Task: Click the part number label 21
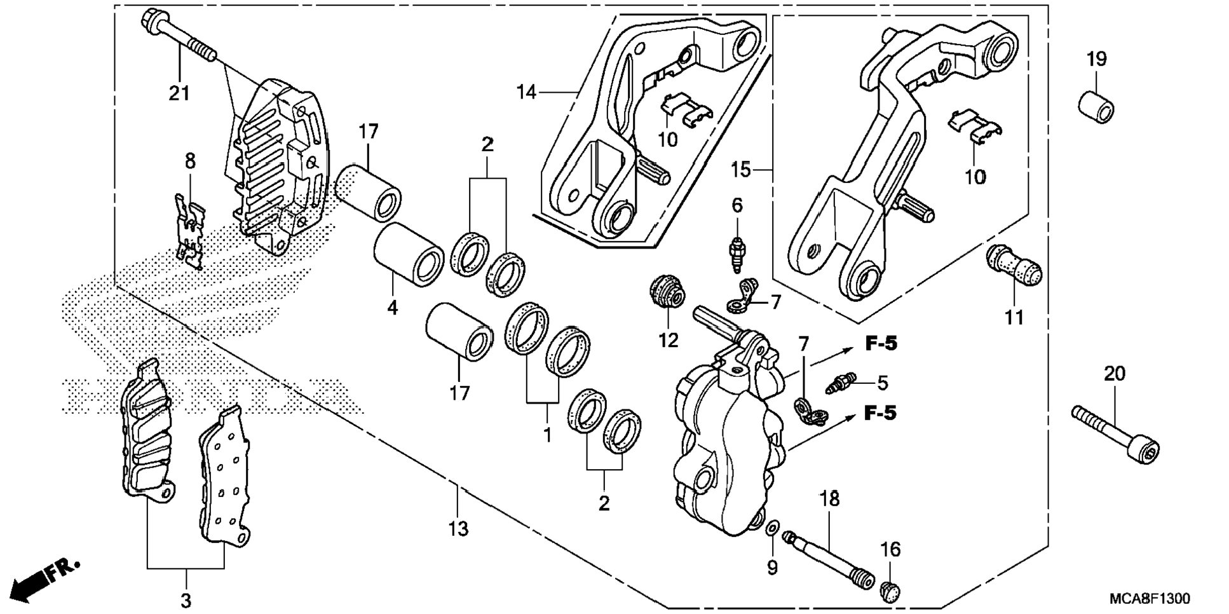pyautogui.click(x=179, y=93)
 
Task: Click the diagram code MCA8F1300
pyautogui.click(x=1150, y=599)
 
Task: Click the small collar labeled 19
pyautogui.click(x=1096, y=106)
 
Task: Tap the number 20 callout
pyautogui.click(x=1115, y=373)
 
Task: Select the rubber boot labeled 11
pyautogui.click(x=1014, y=272)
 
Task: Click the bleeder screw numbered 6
pyautogui.click(x=738, y=254)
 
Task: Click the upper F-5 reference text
pyautogui.click(x=881, y=344)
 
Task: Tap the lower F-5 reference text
pyautogui.click(x=881, y=413)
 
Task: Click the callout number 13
pyautogui.click(x=458, y=529)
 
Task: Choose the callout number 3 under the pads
pyautogui.click(x=186, y=599)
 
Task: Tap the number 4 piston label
pyautogui.click(x=393, y=308)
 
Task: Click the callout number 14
pyautogui.click(x=527, y=93)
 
